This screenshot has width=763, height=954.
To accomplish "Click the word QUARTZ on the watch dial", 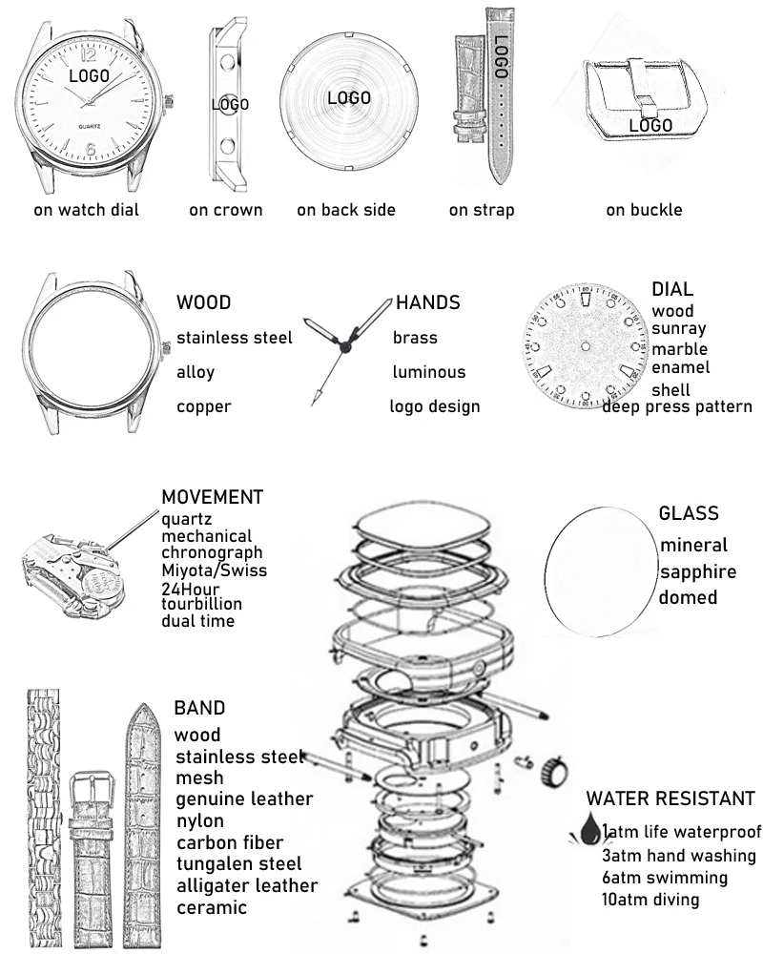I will tap(92, 127).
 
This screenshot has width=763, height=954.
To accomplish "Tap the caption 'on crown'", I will tap(225, 210).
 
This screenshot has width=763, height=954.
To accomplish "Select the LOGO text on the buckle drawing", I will tap(651, 125).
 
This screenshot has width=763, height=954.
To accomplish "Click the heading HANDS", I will tap(427, 303).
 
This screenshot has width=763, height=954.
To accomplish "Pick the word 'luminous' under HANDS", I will tap(429, 372).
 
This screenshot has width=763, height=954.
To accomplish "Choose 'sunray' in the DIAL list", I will tap(679, 329).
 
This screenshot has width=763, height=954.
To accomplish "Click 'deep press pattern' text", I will tap(677, 407).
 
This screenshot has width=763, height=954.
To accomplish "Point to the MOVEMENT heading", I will tap(212, 497).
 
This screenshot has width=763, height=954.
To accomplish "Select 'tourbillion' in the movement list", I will tap(201, 604).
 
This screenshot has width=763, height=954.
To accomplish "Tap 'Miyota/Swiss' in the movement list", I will tap(214, 570).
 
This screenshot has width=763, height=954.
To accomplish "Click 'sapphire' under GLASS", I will tap(698, 572).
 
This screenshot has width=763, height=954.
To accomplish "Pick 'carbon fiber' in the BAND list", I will tap(229, 842).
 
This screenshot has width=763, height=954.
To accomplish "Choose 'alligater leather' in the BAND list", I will tap(246, 886).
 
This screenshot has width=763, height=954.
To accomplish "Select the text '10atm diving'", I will tap(650, 900).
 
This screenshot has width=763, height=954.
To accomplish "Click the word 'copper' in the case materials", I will tap(204, 407).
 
